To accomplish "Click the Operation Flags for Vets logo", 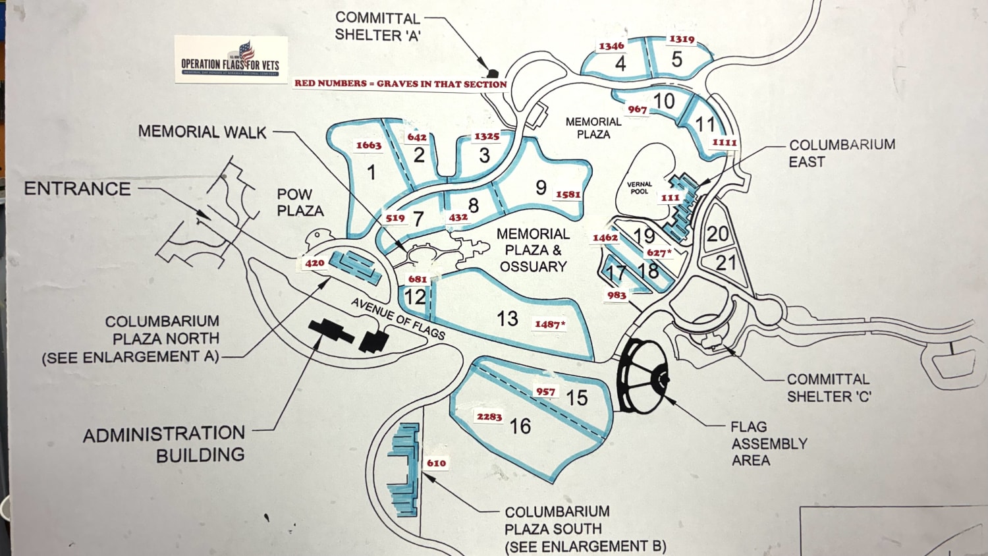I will (x=231, y=59).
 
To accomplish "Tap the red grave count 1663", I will (x=369, y=145).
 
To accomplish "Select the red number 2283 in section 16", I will (x=489, y=416).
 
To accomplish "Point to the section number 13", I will (x=507, y=319).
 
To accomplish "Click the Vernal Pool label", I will (x=639, y=188).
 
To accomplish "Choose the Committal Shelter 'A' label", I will (x=377, y=27).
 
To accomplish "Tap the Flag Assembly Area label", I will (x=769, y=443).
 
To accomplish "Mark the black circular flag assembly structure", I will (x=643, y=377).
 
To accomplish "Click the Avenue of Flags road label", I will (x=398, y=318).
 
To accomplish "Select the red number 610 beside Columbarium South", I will (x=436, y=462).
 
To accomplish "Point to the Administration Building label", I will (x=164, y=443).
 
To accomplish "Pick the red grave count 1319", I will (x=682, y=39).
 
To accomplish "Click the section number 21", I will (x=726, y=263).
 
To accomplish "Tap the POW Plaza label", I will (x=300, y=202).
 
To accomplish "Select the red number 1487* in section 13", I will (x=550, y=324).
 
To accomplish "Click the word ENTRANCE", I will (x=77, y=189).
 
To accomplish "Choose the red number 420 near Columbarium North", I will (x=314, y=263).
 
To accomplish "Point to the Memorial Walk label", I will (x=202, y=132).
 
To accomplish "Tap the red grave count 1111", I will (x=725, y=142).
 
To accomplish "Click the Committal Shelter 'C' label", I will (x=829, y=388).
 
